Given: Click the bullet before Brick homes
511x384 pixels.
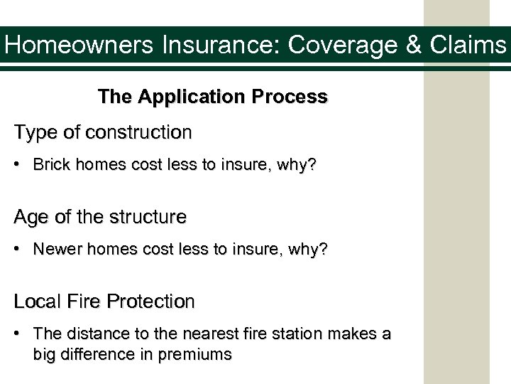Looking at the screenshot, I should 21,166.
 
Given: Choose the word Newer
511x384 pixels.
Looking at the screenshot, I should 54,250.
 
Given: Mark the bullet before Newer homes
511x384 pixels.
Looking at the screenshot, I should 21,251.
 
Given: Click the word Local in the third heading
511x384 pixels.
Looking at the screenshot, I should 35,302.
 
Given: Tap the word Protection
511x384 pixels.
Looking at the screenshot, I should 150,302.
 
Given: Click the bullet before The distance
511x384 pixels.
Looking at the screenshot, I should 21,335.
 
